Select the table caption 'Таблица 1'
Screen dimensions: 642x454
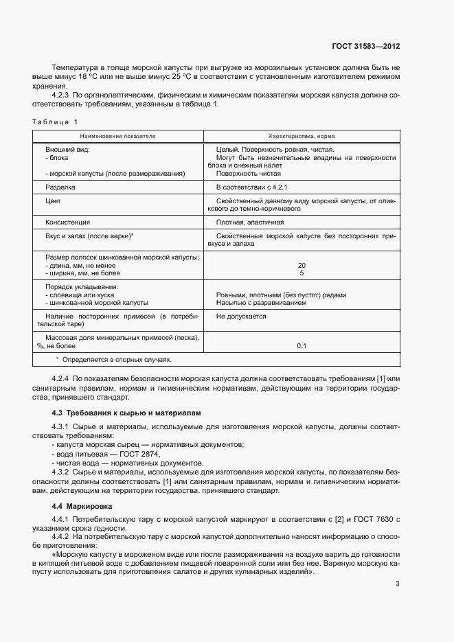click(x=55, y=122)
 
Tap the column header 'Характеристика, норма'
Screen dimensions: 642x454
click(x=302, y=137)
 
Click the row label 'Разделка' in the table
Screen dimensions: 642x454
click(x=60, y=186)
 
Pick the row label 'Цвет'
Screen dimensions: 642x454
click(x=53, y=200)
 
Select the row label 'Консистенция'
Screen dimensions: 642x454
click(x=67, y=222)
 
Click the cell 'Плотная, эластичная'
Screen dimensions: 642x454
click(x=249, y=222)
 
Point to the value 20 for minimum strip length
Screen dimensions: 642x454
click(x=302, y=265)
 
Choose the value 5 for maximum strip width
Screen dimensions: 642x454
click(x=302, y=273)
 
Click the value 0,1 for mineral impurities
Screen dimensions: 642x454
click(x=302, y=346)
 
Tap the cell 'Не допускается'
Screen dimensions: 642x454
click(x=241, y=317)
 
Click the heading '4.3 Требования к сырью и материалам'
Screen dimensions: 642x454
click(x=127, y=413)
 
